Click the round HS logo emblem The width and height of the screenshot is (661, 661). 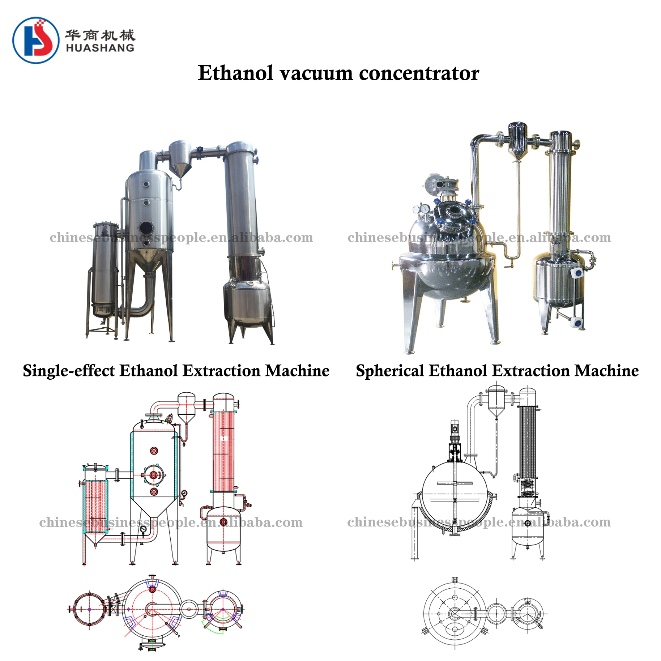(36, 40)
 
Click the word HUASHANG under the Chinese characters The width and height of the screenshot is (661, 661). (100, 48)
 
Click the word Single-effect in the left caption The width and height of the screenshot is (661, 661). (68, 371)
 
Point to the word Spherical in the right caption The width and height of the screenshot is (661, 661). (390, 371)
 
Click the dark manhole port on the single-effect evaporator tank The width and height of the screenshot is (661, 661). (146, 228)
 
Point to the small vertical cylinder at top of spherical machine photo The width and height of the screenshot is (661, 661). (517, 139)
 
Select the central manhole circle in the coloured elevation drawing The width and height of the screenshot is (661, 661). (154, 475)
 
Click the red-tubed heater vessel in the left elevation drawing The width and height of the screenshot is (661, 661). (95, 506)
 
